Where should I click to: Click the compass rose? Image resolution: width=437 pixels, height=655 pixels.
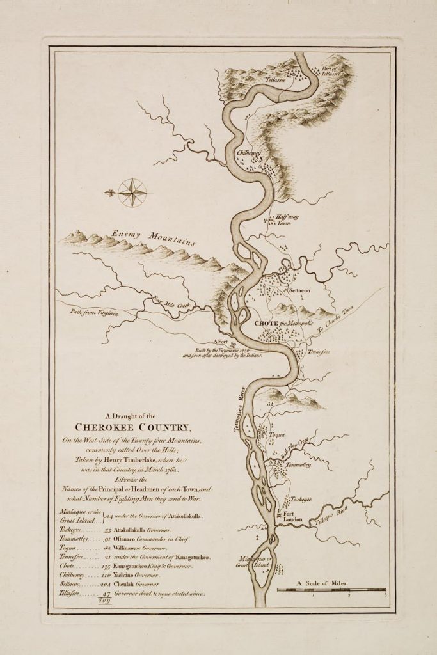131,191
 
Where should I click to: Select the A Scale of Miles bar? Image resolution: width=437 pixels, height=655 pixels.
331,589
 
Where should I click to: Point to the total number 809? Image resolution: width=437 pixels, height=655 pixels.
104,601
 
